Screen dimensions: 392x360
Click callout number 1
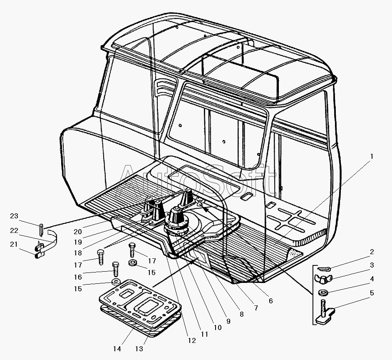pyautogui.click(x=372, y=157)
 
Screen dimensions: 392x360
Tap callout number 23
pyautogui.click(x=14, y=216)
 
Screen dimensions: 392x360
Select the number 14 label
pyautogui.click(x=117, y=349)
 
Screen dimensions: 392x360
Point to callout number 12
pyautogui.click(x=192, y=340)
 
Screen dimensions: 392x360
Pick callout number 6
pyautogui.click(x=271, y=301)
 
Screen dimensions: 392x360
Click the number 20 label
pyautogui.click(x=78, y=232)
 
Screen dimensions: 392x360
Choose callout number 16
pyautogui.click(x=78, y=277)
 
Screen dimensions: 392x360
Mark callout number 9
pyautogui.click(x=228, y=321)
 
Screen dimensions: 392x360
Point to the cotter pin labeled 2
pyautogui.click(x=324, y=269)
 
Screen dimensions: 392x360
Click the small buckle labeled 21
pyautogui.click(x=39, y=251)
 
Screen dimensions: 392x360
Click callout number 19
pyautogui.click(x=78, y=242)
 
